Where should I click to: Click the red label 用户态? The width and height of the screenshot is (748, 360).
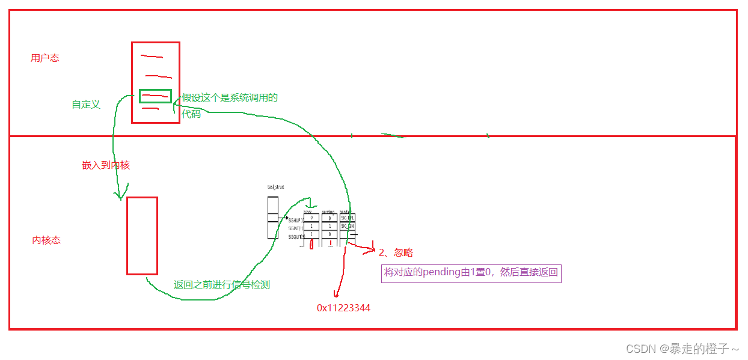tap(45, 58)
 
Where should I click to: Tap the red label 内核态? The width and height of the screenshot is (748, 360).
tap(46, 240)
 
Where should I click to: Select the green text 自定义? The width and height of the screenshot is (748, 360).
tap(86, 105)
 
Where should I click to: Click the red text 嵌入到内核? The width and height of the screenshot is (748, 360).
tap(106, 165)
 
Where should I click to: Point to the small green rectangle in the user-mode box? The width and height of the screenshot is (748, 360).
tap(155, 96)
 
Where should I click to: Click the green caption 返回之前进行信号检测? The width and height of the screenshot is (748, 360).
tap(222, 285)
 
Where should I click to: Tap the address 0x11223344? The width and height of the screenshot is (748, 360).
tap(343, 308)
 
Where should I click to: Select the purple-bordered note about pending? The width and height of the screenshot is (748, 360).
tap(471, 273)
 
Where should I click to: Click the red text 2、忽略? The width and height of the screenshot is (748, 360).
tap(396, 252)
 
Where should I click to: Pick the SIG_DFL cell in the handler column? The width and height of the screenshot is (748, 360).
tap(347, 218)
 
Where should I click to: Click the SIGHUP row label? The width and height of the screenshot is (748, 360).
tap(296, 221)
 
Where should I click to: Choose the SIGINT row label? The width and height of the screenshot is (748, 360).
tap(295, 228)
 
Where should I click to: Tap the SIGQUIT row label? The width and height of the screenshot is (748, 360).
tap(296, 237)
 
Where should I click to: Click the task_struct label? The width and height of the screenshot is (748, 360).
tap(275, 187)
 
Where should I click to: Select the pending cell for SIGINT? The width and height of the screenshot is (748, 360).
tap(329, 227)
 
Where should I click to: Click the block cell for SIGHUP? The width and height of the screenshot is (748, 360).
tap(311, 218)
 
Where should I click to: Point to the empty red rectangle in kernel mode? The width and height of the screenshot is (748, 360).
tap(142, 236)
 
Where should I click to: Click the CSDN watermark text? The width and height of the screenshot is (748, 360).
tap(682, 349)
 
